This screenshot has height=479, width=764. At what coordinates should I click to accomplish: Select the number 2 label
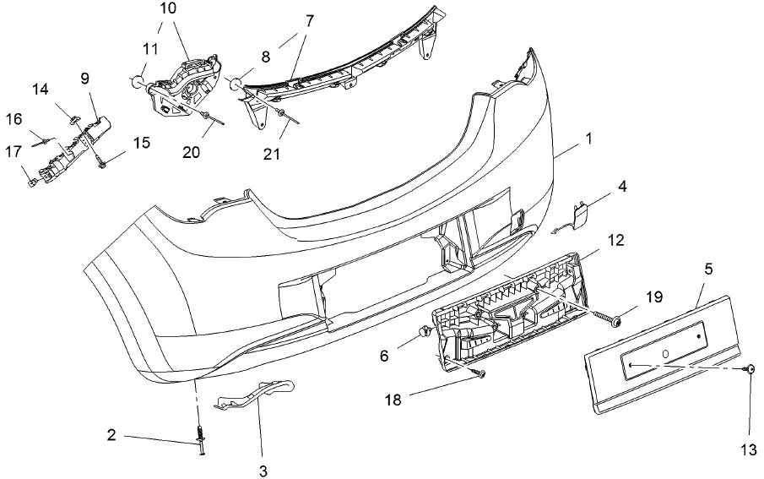click(111, 436)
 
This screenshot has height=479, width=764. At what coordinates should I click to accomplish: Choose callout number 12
click(615, 241)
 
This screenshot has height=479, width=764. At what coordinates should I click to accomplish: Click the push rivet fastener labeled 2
click(201, 441)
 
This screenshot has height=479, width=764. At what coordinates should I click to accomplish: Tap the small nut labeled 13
click(750, 371)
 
